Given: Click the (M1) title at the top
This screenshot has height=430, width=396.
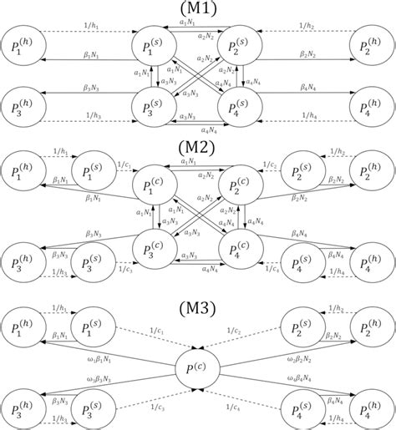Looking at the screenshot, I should click(x=198, y=9).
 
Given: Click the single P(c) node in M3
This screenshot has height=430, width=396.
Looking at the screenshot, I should click(x=197, y=367).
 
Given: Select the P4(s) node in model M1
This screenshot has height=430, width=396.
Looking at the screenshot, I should click(x=240, y=108).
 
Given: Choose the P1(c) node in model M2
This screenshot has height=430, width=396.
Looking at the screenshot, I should click(x=156, y=188).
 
